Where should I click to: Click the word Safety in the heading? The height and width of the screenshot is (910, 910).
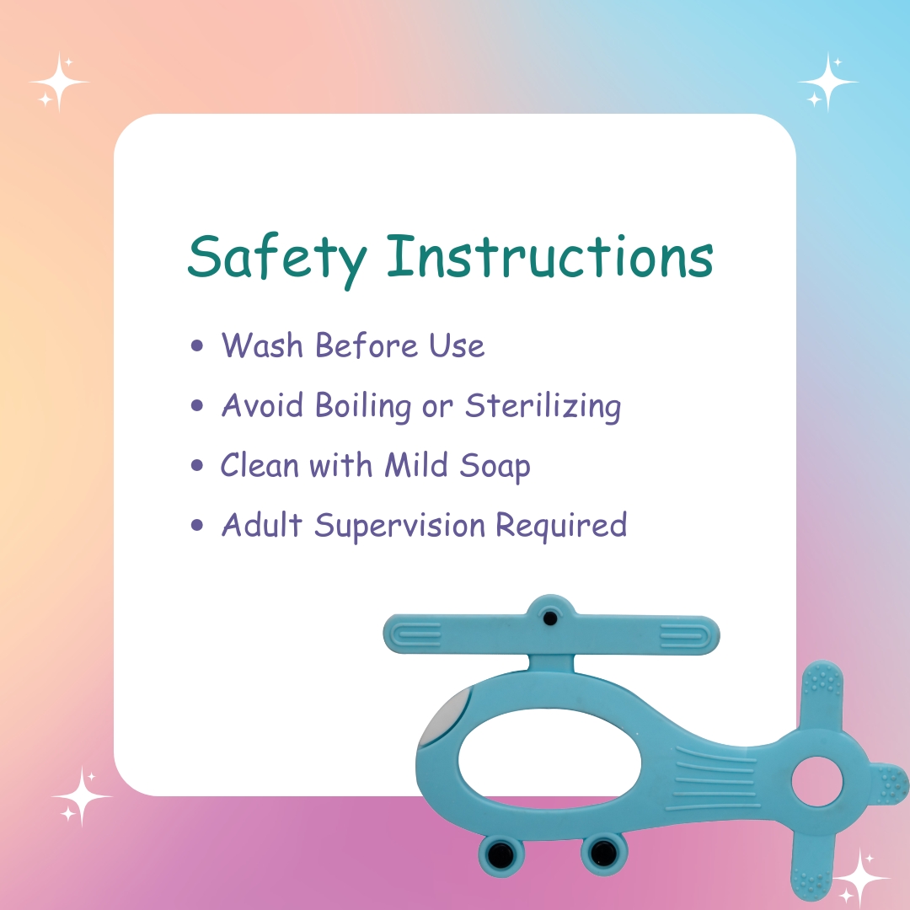coord(277,260)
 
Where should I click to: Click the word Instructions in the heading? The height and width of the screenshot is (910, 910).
coord(550,256)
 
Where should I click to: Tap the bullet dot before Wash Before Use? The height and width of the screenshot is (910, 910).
coord(197,345)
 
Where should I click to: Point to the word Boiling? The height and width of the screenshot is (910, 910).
coord(363,405)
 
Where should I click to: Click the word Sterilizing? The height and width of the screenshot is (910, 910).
coord(543,405)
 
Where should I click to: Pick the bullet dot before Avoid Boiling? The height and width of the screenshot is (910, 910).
coord(197,405)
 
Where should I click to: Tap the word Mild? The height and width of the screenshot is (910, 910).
coord(416,464)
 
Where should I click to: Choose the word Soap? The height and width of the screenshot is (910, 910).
coord(495,467)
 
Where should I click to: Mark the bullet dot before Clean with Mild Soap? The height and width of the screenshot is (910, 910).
coord(197,465)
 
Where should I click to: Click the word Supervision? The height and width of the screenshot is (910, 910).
coord(400,526)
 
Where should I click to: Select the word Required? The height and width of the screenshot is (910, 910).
coord(561,526)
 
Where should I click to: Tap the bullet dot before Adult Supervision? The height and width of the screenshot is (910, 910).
coord(197,525)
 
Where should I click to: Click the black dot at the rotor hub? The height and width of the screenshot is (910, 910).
coord(550,618)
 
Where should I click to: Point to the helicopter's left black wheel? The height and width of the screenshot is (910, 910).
coord(500,854)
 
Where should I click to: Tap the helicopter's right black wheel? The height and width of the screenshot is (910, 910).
coord(603,853)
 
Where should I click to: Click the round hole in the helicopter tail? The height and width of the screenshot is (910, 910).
coord(817,781)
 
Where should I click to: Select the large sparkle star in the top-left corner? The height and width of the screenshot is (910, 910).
coord(59,82)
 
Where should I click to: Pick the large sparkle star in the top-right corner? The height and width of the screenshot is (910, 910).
coord(827,82)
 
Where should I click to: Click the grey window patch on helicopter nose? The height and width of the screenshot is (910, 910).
coord(445,718)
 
